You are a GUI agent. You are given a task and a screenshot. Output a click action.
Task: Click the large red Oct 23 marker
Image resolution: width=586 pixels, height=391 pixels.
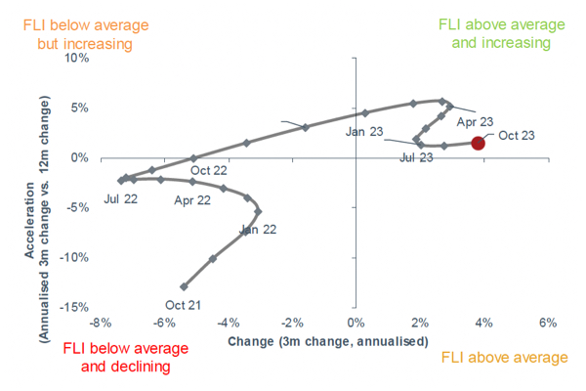[x=478, y=143]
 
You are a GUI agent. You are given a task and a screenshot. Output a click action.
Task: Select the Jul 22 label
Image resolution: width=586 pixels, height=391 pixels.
[x=119, y=199]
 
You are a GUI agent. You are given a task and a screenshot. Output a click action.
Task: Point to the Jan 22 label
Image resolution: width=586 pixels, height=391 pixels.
[x=258, y=231]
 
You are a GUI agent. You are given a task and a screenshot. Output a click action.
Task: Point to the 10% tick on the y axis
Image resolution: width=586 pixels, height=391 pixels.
[x=76, y=58]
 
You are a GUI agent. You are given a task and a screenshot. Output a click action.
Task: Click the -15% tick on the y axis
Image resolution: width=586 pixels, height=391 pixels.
[x=74, y=307]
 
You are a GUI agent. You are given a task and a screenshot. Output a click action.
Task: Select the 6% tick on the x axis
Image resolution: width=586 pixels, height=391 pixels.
[x=547, y=323]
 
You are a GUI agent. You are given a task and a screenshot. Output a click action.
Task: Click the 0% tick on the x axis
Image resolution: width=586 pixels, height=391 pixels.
[x=356, y=323]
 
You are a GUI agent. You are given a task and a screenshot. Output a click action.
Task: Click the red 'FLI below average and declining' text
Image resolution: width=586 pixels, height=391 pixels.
[x=116, y=357]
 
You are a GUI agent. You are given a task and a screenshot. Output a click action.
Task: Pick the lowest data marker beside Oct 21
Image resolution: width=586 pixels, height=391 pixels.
[x=185, y=286]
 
